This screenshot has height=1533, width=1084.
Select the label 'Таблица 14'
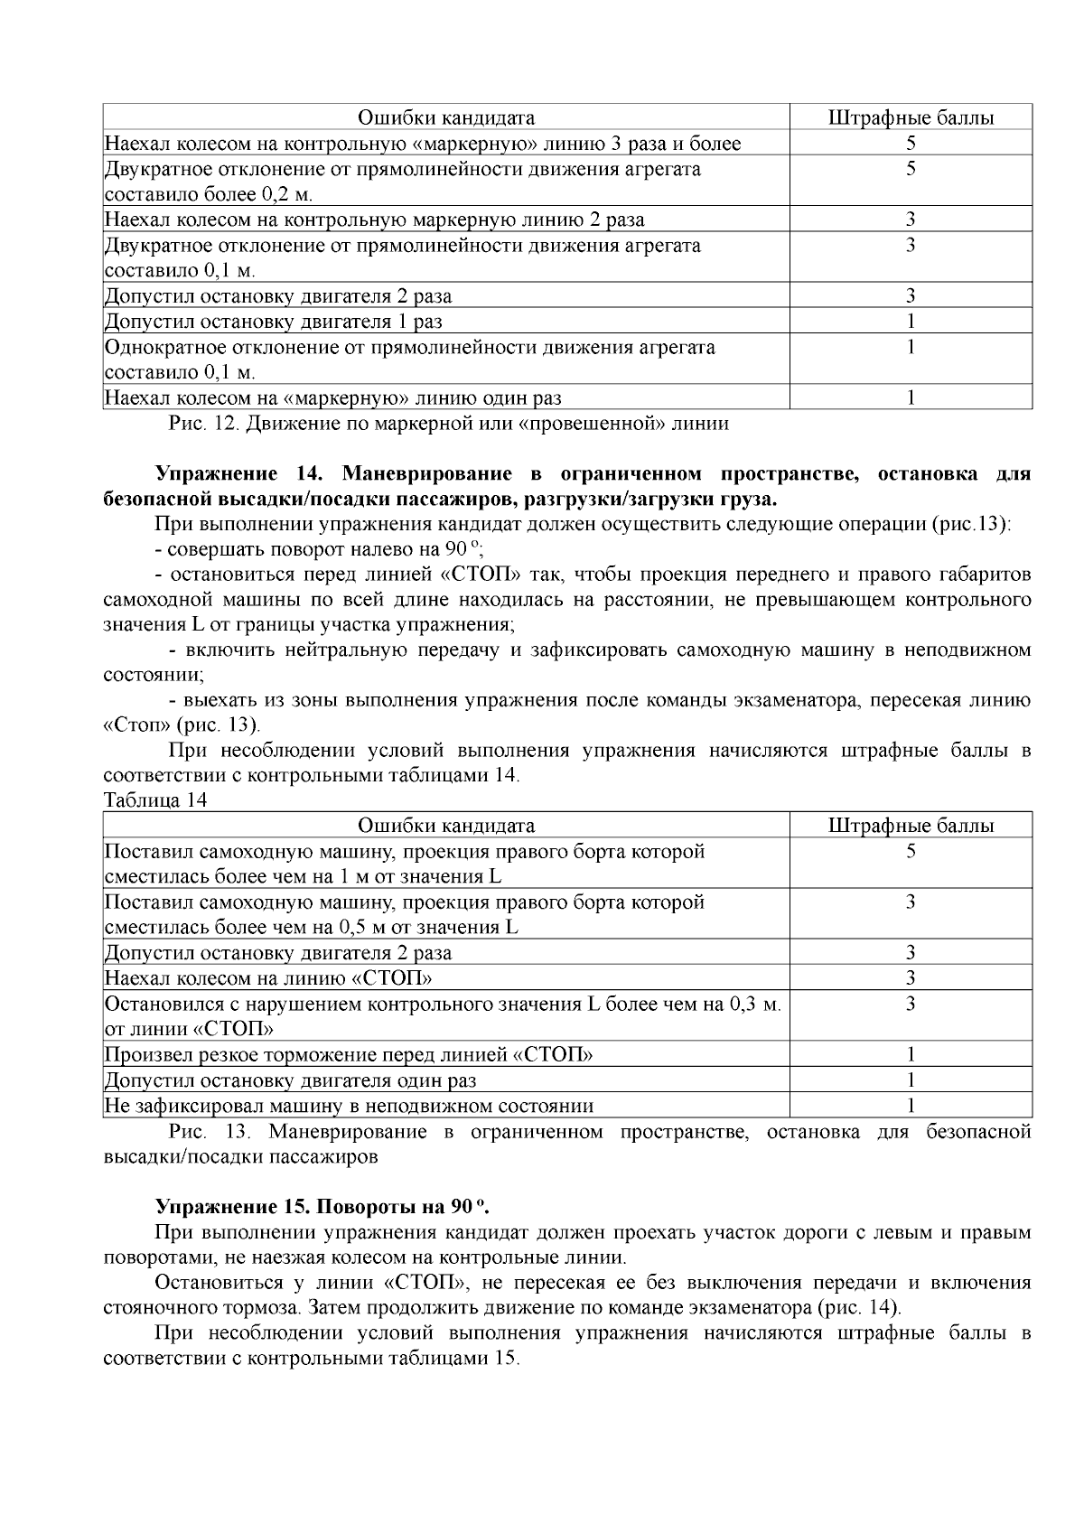click(x=155, y=800)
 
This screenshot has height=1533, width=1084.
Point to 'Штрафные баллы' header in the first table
click(x=911, y=118)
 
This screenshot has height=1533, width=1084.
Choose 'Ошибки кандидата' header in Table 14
click(x=446, y=826)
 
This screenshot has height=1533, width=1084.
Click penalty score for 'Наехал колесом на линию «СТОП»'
click(x=911, y=978)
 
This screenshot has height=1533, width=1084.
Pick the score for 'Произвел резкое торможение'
click(x=911, y=1054)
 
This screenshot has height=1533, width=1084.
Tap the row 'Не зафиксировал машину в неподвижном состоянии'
click(x=349, y=1106)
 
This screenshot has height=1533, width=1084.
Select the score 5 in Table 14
click(x=911, y=852)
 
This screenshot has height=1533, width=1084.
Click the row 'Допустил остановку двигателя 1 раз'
click(x=274, y=322)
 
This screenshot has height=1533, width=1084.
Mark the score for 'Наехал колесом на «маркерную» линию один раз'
click(x=911, y=397)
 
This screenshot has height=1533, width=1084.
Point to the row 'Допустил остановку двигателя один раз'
click(x=291, y=1080)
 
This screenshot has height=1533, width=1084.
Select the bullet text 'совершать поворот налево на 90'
click(x=317, y=549)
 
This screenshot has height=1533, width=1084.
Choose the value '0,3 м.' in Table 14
click(x=753, y=1004)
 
